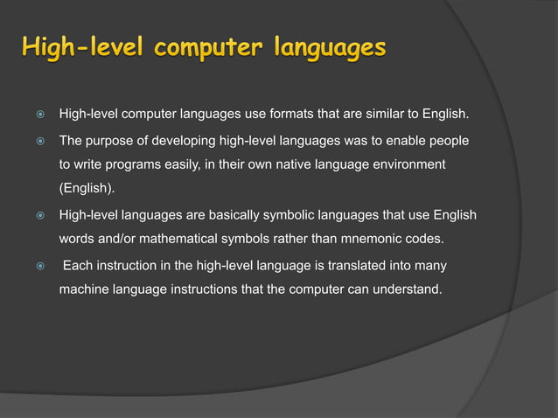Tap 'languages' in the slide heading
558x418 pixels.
[x=329, y=47]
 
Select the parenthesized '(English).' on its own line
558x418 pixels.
[x=86, y=189]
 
